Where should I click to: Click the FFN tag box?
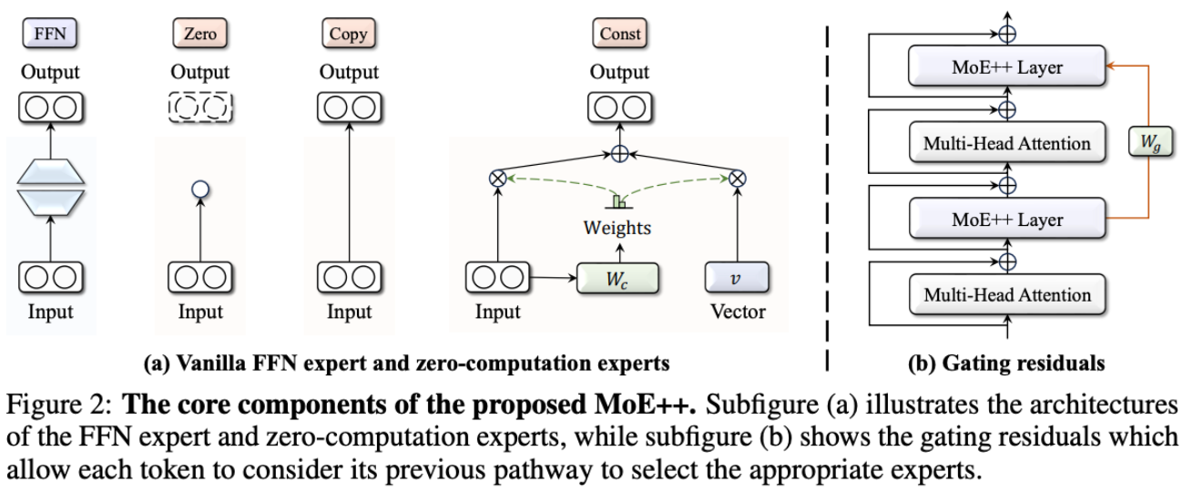pos(50,35)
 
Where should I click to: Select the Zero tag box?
pos(199,35)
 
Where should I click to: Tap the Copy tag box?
pos(348,35)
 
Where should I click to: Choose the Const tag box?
pos(619,35)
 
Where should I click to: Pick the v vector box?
pos(737,275)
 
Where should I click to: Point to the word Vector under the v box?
pos(738,313)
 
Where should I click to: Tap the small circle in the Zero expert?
pos(199,190)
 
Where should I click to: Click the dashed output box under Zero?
pos(199,108)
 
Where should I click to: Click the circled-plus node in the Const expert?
pos(619,154)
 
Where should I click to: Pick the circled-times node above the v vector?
pos(738,179)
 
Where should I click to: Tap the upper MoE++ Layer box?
pos(1005,67)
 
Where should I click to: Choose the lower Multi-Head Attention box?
pos(1005,295)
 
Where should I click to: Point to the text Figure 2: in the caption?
pos(56,404)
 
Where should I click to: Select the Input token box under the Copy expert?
pos(348,275)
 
